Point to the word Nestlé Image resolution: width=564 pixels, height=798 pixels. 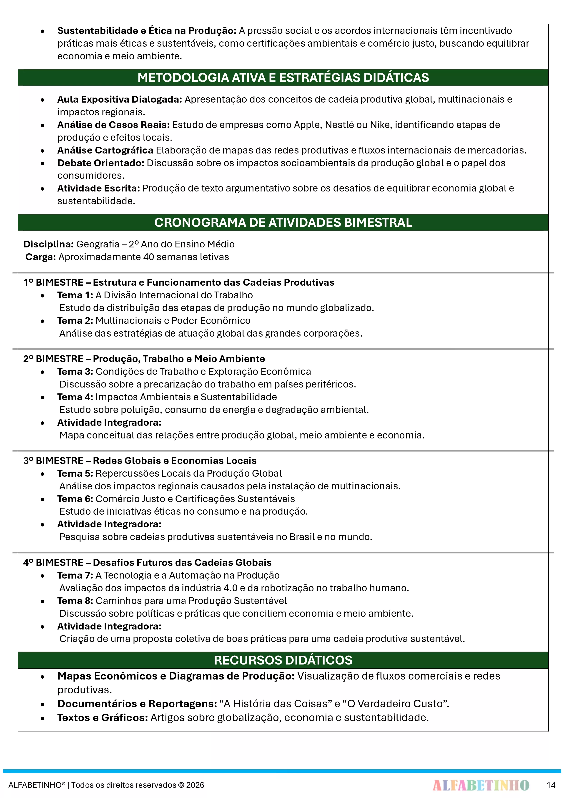coord(341,125)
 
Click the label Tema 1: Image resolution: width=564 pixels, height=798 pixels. coord(75,295)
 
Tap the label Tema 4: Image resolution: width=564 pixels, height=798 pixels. coord(75,397)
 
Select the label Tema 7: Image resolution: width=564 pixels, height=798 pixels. coord(75,575)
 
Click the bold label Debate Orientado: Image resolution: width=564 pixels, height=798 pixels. coord(101,163)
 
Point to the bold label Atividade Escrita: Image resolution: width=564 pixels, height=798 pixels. coord(99,188)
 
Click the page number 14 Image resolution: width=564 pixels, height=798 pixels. coord(551,785)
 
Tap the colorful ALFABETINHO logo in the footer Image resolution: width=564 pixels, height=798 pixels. coord(481,785)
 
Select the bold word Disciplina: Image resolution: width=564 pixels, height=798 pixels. coord(48,244)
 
